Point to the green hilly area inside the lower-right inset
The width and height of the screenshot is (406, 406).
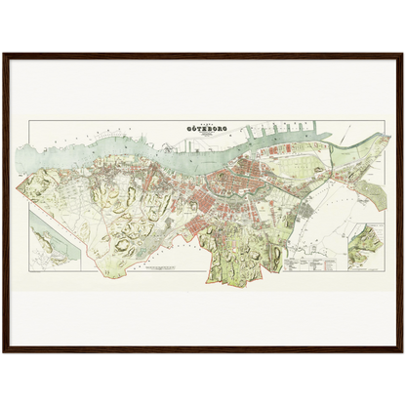pos(367,240)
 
